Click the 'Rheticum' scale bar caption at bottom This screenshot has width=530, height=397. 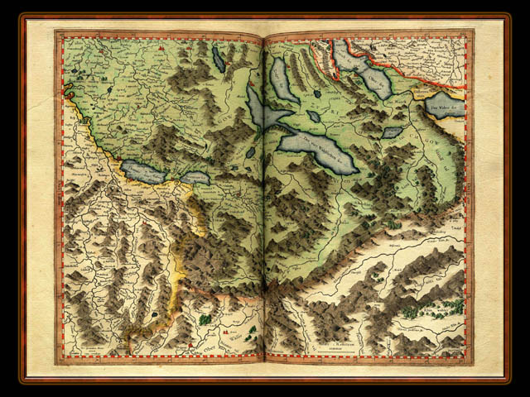pyautogui.click(x=336, y=348)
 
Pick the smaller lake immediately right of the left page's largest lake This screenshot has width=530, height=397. pyautogui.click(x=195, y=178)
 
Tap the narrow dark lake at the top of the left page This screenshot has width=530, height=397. pyautogui.click(x=218, y=59)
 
